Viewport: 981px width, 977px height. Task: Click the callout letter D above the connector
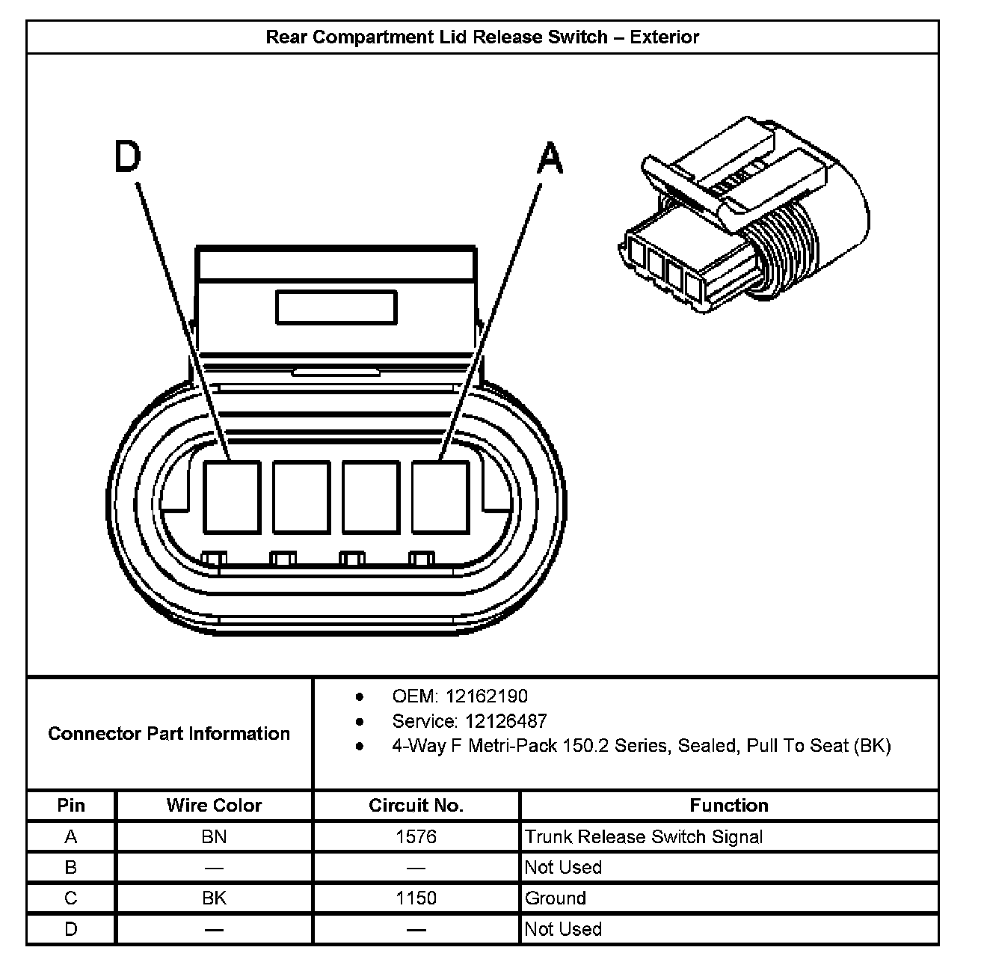tap(127, 157)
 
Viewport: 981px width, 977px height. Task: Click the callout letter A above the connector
tap(550, 159)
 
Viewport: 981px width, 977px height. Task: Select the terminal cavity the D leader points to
tap(232, 497)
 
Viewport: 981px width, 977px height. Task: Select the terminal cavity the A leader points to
tap(440, 497)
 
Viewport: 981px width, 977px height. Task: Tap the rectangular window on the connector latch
tap(336, 308)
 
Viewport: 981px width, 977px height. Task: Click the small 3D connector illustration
tap(744, 217)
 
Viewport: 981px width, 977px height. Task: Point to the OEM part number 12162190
tap(487, 696)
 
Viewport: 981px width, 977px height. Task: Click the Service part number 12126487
tap(505, 721)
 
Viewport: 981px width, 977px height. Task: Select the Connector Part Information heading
tap(169, 734)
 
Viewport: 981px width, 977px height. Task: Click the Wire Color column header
tap(214, 806)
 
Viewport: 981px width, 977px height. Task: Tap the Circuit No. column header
tap(416, 806)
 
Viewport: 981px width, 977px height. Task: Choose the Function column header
tap(729, 806)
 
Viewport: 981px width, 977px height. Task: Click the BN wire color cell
tap(214, 836)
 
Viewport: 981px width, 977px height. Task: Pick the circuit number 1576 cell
tap(416, 836)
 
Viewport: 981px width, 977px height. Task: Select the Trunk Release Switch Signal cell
tap(644, 836)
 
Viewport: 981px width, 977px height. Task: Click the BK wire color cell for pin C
tap(214, 898)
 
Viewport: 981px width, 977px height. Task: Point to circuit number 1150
tap(416, 898)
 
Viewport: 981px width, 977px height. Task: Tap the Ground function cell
tap(556, 898)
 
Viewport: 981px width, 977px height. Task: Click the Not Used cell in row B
tap(563, 867)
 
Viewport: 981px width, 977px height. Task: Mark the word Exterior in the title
tap(665, 37)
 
